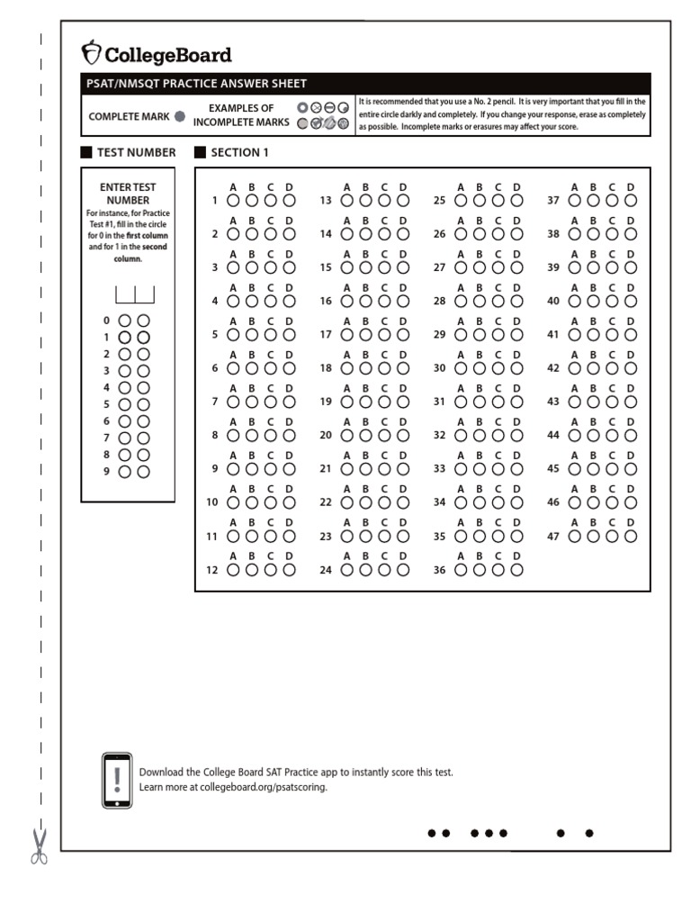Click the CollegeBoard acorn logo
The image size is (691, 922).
pos(92,51)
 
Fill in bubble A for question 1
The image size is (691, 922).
pos(233,201)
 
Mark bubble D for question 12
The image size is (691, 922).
pos(290,570)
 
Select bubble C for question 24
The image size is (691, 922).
pos(384,570)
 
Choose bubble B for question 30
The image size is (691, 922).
pos(479,368)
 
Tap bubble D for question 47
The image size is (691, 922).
pos(631,536)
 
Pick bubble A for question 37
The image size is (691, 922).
pos(574,201)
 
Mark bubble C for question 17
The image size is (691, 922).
pos(384,335)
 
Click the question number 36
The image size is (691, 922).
pos(440,570)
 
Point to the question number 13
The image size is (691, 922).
pos(326,201)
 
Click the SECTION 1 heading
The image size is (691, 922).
pos(239,152)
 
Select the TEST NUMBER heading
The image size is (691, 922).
pos(136,152)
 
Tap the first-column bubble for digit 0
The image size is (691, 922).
pos(125,320)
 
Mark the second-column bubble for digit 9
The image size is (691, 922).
pos(143,471)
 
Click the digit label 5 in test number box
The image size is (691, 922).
pos(106,404)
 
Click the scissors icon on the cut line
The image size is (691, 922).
pos(40,846)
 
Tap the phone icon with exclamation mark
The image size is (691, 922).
pos(117,780)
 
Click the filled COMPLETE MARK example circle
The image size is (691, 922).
pos(180,116)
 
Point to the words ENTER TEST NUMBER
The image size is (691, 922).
pos(128,194)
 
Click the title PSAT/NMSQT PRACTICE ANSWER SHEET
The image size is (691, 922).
pos(196,84)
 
